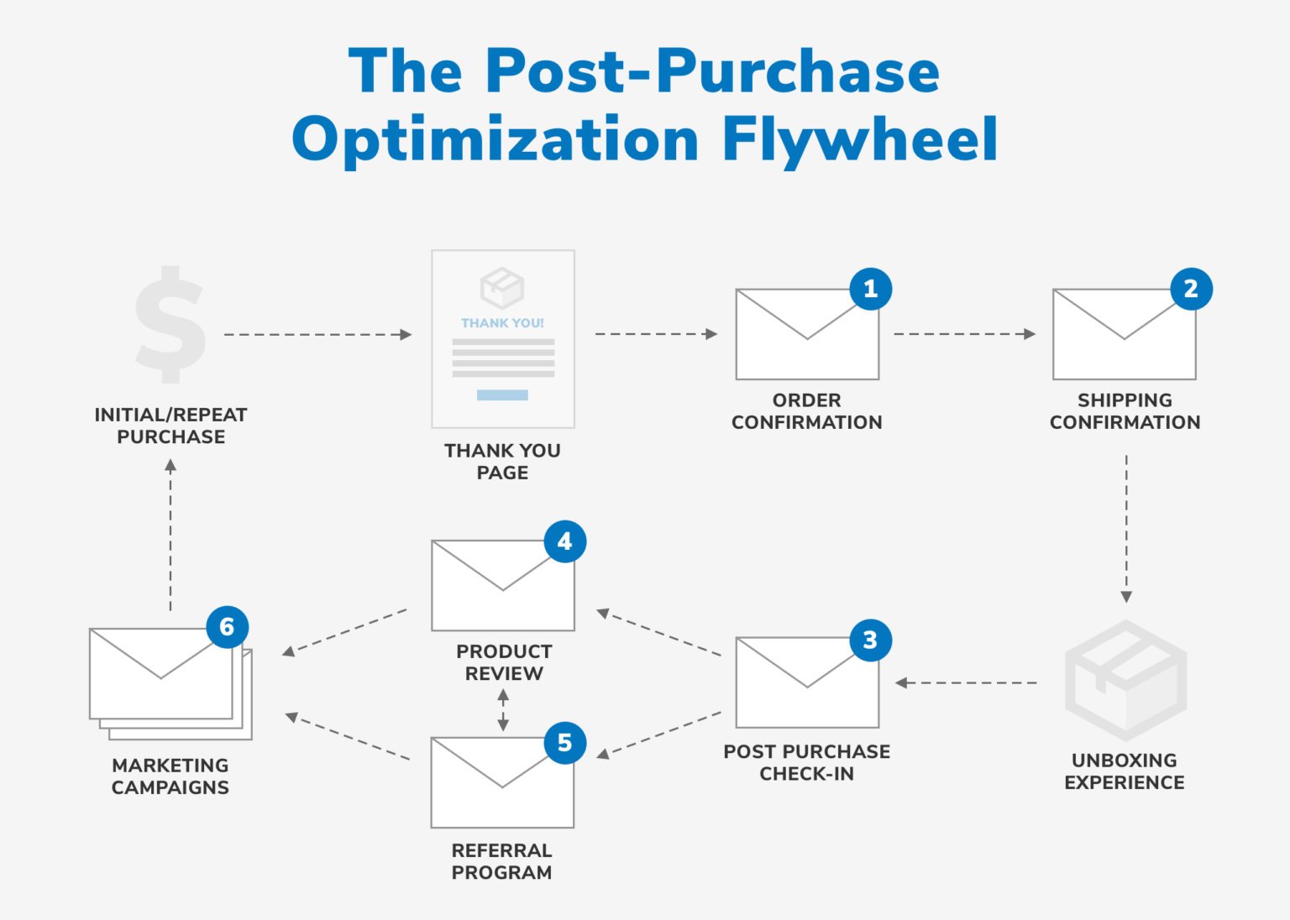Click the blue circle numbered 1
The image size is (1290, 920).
point(870,289)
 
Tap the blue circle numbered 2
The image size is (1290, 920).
point(1191,289)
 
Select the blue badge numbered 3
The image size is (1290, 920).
point(870,640)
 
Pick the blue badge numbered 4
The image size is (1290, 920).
point(564,541)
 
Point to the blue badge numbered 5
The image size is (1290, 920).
point(564,742)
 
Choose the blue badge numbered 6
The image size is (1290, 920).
point(227,626)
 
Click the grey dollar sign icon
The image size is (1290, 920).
point(170,324)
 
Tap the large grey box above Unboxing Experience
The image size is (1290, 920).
point(1125,680)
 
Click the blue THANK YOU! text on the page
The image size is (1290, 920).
point(502,323)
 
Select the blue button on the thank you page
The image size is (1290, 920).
point(502,395)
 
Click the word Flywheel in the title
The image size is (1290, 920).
point(859,139)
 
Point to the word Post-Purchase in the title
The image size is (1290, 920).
point(712,71)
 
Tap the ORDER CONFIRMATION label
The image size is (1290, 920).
point(806,411)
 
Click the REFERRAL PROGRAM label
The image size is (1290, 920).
point(502,861)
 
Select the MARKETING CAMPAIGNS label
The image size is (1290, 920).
point(170,776)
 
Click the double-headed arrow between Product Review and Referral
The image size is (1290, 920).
point(503,710)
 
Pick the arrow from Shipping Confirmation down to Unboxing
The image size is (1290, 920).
point(1126,529)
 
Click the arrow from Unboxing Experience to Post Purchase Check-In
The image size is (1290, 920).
point(966,682)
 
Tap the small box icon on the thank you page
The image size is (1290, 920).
point(502,288)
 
